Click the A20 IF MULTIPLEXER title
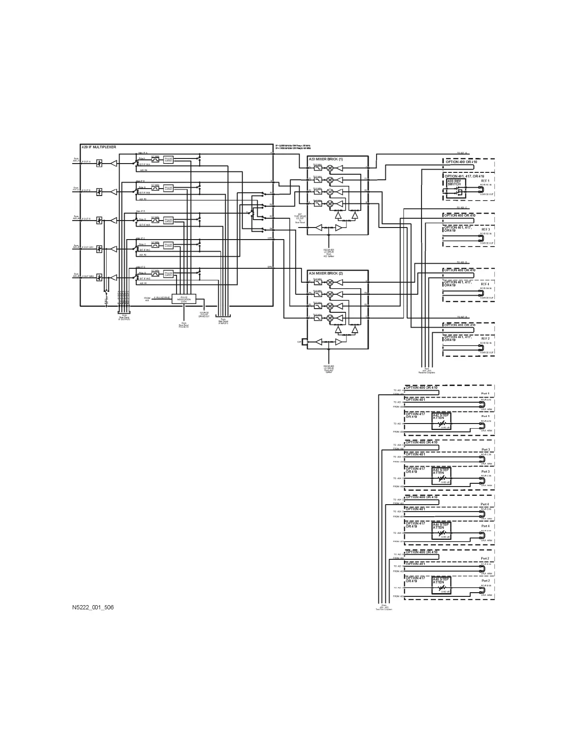(99, 147)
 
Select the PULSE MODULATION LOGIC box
(184, 299)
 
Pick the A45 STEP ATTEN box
(441, 585)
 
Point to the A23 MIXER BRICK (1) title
(326, 159)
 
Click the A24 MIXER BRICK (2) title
(326, 273)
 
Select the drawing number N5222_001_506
(93, 607)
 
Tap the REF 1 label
(485, 181)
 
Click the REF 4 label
(485, 284)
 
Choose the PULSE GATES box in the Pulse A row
(168, 159)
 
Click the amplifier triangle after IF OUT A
(113, 163)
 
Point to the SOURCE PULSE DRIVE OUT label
(204, 315)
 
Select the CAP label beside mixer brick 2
(299, 342)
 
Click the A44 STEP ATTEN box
(441, 531)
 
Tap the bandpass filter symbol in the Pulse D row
(155, 274)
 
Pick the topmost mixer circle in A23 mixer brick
(330, 168)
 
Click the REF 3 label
(485, 229)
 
